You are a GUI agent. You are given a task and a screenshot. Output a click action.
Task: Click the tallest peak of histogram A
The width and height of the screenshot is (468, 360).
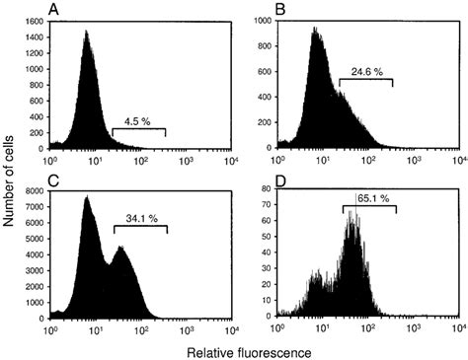86,32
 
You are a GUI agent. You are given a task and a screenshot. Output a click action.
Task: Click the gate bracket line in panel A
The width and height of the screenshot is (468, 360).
138,130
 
